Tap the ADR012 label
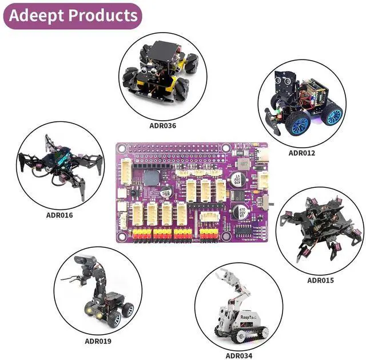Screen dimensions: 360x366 302,153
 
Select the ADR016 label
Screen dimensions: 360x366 59,215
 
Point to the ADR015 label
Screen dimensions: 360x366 320,280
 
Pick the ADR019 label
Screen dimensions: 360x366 98,341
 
